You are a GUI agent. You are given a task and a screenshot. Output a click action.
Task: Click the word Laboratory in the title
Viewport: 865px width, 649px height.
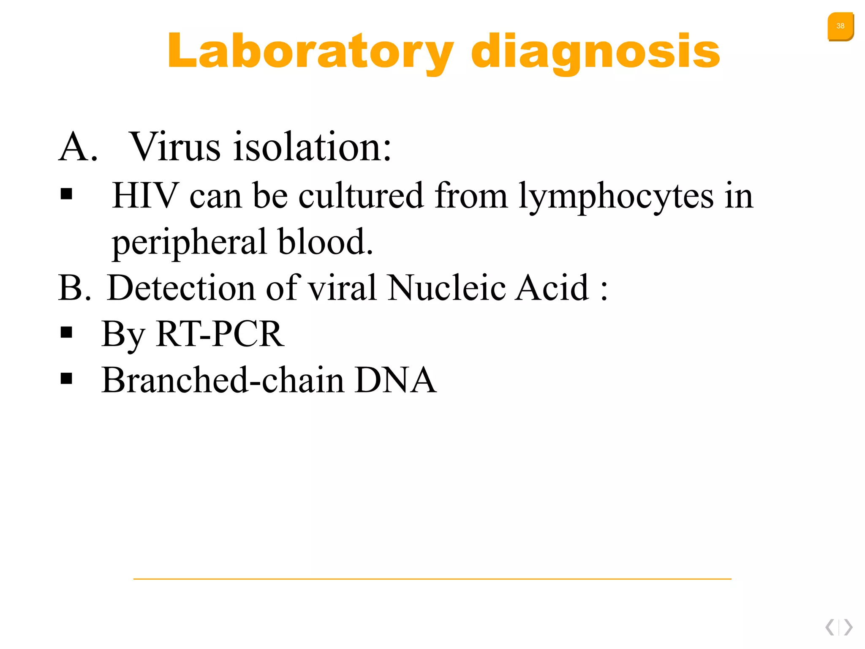pos(310,52)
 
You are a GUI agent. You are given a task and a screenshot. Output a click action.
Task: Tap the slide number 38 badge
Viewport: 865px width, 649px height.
pos(840,26)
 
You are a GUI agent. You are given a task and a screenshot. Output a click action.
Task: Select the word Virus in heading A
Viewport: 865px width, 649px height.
pos(174,147)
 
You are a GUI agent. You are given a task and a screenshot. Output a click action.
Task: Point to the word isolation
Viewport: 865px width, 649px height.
pos(313,147)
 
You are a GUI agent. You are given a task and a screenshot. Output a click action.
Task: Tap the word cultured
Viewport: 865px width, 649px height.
pos(361,196)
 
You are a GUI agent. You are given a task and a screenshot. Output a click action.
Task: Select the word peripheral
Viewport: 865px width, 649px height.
pos(190,242)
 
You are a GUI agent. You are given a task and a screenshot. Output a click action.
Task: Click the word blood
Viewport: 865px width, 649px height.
pos(325,242)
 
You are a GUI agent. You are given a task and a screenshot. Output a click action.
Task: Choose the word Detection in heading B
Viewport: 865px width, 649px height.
pos(182,288)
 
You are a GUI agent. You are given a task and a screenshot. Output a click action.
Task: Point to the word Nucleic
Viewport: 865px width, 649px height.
pos(446,288)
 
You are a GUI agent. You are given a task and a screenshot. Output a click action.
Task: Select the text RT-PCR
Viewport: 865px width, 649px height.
pos(220,334)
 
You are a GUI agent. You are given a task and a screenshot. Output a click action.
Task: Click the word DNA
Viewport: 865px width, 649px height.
pos(395,380)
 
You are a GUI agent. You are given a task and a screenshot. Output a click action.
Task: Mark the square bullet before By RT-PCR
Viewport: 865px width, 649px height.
pos(66,333)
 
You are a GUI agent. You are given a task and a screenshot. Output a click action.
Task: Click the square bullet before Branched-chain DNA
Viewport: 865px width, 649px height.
pos(66,379)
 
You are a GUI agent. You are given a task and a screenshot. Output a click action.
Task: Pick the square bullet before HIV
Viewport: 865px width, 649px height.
pos(66,194)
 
